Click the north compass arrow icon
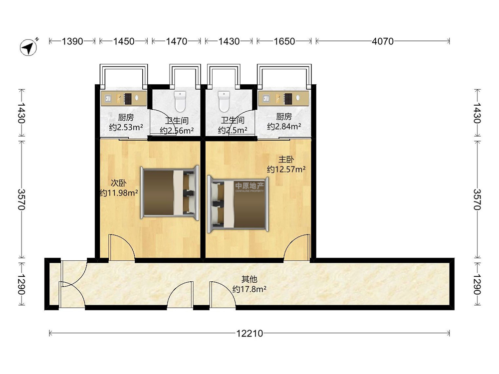point(28,47)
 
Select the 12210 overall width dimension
point(249,333)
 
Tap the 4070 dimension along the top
point(383,41)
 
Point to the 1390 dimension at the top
point(72,41)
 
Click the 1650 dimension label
point(284,41)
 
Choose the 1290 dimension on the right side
point(477,284)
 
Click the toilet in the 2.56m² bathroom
point(180,101)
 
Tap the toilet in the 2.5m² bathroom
point(224,101)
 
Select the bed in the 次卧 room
point(170,192)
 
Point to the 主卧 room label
point(286,160)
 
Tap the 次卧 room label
point(119,183)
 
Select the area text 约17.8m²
point(249,289)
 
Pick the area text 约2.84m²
point(284,127)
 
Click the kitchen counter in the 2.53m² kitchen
point(124,98)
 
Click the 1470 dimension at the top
point(176,41)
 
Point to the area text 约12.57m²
point(286,169)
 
